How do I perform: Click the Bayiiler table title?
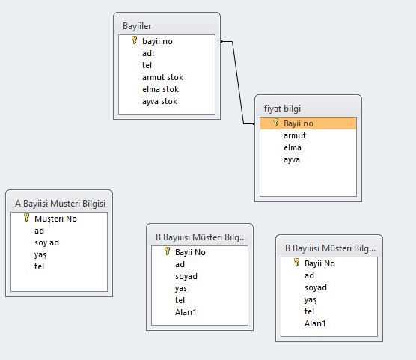click(137, 26)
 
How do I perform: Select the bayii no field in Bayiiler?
click(157, 41)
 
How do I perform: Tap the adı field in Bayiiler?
click(148, 53)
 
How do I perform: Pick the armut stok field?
click(162, 77)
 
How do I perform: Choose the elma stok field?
click(161, 89)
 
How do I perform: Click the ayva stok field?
click(159, 101)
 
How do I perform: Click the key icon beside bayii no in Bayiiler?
click(135, 40)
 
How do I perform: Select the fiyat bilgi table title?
click(282, 109)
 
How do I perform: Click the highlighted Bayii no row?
click(308, 123)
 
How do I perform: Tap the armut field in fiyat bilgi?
click(295, 135)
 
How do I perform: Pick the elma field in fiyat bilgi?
click(293, 147)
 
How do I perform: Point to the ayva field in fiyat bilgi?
click(292, 160)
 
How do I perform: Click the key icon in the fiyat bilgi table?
click(276, 123)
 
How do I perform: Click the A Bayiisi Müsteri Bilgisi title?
click(60, 204)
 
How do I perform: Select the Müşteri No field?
click(55, 219)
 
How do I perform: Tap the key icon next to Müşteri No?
click(26, 218)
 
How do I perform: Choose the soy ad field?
click(46, 242)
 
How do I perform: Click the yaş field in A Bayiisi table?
click(40, 255)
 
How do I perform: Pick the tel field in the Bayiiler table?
click(147, 65)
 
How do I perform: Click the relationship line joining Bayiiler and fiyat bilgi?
click(238, 82)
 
